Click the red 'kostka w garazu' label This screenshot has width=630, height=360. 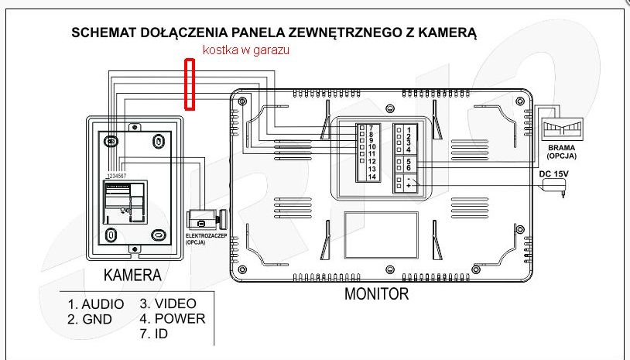pyautogui.click(x=246, y=50)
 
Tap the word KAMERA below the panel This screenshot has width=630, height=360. pyautogui.click(x=132, y=275)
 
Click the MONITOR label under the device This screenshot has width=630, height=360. pyautogui.click(x=376, y=293)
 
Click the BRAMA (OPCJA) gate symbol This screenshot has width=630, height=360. pyautogui.click(x=562, y=129)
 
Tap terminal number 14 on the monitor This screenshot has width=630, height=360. pyautogui.click(x=372, y=177)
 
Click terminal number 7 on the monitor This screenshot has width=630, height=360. pyautogui.click(x=371, y=128)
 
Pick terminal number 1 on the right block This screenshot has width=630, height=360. pyautogui.click(x=409, y=130)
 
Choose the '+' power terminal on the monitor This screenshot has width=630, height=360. pyautogui.click(x=409, y=186)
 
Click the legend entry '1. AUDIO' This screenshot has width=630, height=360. pyautogui.click(x=96, y=304)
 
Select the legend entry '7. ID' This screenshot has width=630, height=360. pyautogui.click(x=153, y=334)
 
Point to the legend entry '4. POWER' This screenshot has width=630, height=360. pyautogui.click(x=173, y=319)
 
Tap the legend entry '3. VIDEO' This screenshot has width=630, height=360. pyautogui.click(x=168, y=303)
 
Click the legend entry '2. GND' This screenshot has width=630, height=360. pyautogui.click(x=90, y=320)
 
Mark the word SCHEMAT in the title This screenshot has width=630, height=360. pyautogui.click(x=103, y=33)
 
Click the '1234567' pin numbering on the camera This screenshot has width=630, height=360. pyautogui.click(x=117, y=176)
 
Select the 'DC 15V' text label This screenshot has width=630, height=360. pyautogui.click(x=553, y=173)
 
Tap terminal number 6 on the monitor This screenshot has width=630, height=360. pyautogui.click(x=409, y=167)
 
